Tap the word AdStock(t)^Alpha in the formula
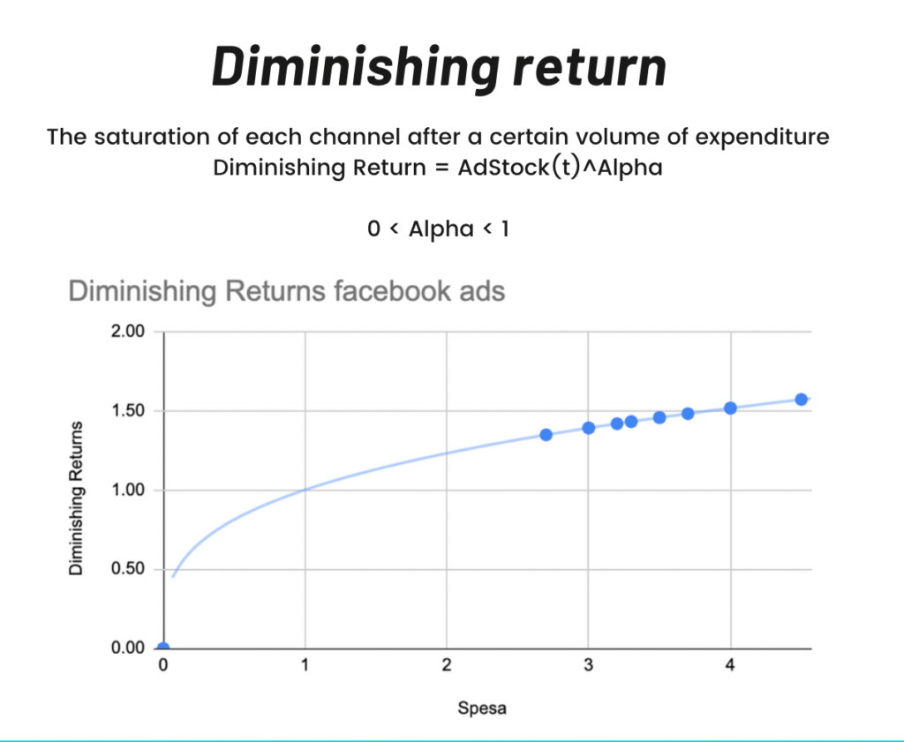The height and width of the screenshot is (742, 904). tap(560, 167)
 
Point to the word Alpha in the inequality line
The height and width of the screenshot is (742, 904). tap(441, 229)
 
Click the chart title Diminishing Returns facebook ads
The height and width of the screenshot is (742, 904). tap(287, 290)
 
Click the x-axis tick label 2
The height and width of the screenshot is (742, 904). tap(447, 666)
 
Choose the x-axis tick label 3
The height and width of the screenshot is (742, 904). tap(588, 666)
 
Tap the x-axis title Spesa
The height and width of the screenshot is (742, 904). tap(482, 708)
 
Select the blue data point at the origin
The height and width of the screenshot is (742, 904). tap(163, 648)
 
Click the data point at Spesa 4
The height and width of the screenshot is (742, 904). tap(730, 408)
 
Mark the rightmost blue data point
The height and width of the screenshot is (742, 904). tap(802, 399)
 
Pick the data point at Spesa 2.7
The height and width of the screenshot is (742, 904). tap(546, 434)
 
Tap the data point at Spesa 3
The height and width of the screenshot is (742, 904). tap(588, 428)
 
